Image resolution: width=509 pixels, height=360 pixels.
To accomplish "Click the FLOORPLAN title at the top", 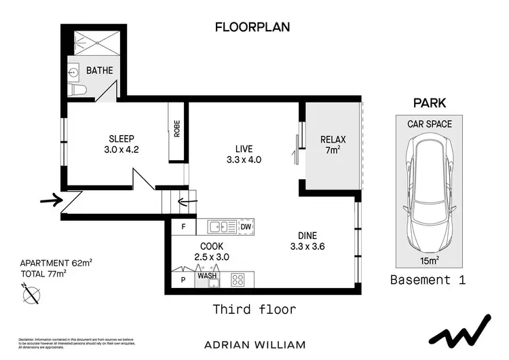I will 252,27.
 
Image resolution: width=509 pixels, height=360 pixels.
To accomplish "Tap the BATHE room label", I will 99,71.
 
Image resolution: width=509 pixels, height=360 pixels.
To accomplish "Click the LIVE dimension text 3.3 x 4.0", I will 243,160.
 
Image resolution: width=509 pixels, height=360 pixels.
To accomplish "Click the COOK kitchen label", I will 212,246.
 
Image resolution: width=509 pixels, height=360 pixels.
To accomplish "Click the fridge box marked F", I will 183,227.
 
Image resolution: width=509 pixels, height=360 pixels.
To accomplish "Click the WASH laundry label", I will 207,276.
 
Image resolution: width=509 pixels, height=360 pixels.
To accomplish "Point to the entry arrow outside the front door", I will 51,200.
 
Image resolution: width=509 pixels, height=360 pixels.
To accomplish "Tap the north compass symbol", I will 31,295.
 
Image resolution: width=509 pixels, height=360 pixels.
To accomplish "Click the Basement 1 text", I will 429,280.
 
